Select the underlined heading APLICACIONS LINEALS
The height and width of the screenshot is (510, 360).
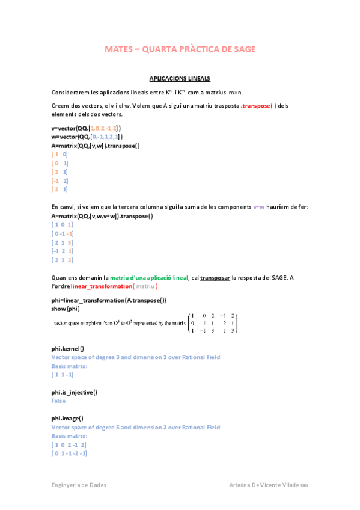pos(180,79)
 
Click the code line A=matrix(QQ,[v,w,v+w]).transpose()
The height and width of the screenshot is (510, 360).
pos(102,216)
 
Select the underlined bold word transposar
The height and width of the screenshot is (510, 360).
pos(215,278)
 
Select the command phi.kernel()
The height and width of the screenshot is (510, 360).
pos(67,348)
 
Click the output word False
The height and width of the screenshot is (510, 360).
pos(58,401)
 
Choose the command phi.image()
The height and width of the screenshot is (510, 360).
pos(67,418)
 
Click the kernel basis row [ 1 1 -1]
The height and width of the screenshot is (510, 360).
pos(63,375)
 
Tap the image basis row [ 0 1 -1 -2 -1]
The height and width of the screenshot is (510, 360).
pos(69,453)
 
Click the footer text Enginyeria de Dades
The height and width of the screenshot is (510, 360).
pos(78,485)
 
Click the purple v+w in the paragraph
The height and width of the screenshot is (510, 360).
pos(259,207)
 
